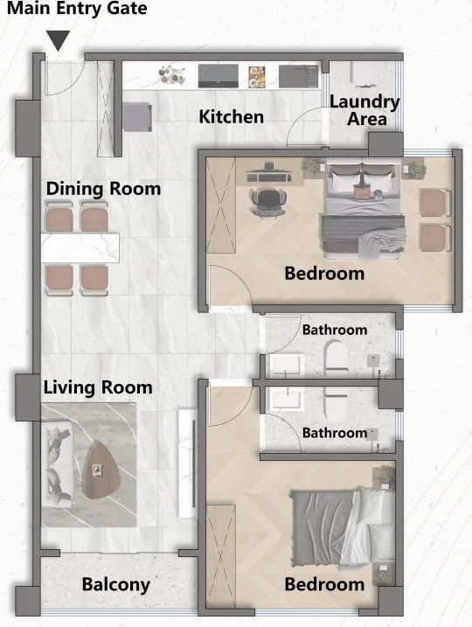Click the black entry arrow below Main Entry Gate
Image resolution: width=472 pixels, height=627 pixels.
pos(59,39)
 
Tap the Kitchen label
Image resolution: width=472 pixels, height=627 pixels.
pos(232,117)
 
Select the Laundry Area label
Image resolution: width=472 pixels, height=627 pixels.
pos(364,110)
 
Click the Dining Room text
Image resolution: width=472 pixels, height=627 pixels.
pos(103,188)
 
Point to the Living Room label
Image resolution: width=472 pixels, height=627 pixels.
pos(98,387)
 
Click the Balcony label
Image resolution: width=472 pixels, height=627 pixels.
pos(116,584)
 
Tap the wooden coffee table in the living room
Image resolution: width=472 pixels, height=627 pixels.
pos(101,470)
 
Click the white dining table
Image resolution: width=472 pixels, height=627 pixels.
pos(80,248)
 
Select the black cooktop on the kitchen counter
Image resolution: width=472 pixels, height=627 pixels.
pos(219,76)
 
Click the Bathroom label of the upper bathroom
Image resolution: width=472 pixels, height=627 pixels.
pos(335,330)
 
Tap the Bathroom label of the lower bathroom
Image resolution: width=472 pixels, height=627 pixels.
pos(335,433)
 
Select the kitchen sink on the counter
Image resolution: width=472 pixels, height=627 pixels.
pos(299,76)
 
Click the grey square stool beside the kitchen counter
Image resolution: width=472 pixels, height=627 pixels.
pos(137,117)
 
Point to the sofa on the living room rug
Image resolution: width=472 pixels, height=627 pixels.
pos(58,463)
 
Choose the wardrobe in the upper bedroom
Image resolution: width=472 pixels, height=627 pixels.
pos(221,206)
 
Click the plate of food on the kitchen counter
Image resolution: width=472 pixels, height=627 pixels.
pos(257,77)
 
